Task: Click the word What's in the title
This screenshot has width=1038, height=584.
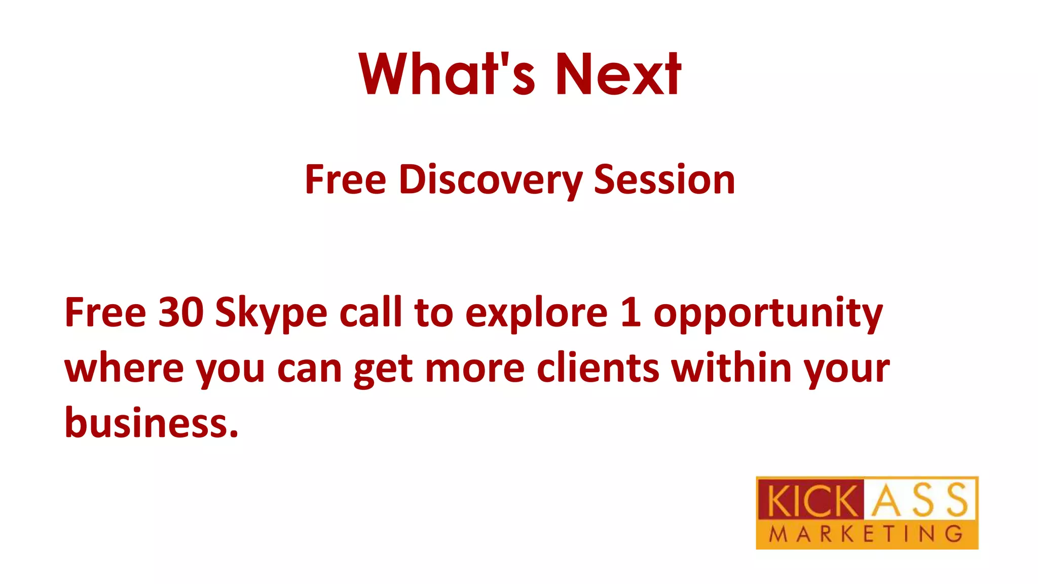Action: click(x=447, y=74)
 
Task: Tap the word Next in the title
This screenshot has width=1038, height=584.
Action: click(x=618, y=74)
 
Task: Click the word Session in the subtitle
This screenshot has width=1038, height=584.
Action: click(x=664, y=179)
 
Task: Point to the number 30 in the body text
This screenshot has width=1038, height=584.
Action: click(x=181, y=312)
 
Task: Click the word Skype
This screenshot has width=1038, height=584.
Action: click(x=271, y=313)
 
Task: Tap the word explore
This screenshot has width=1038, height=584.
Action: click(x=536, y=313)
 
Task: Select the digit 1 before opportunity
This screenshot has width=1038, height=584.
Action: click(x=631, y=312)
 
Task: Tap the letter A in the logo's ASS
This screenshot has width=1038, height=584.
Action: click(x=885, y=501)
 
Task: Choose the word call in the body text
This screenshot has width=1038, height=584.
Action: click(x=370, y=312)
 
